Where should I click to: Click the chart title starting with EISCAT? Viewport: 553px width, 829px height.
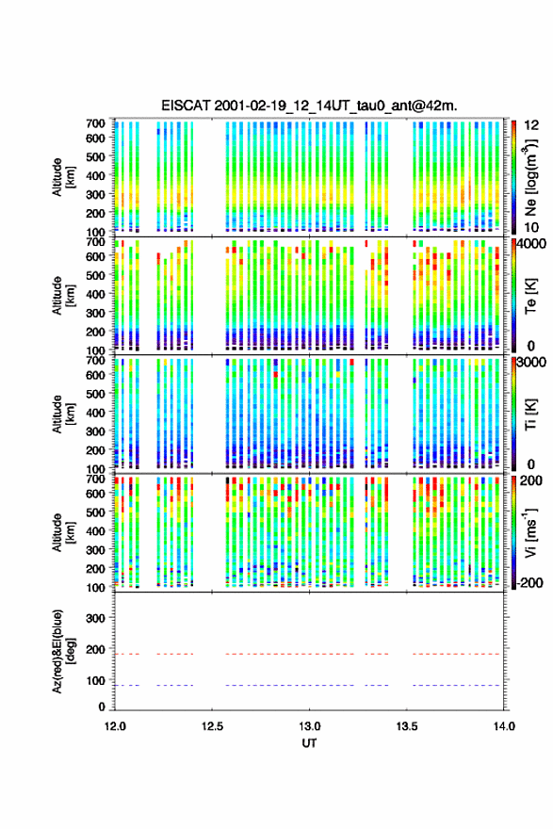309,106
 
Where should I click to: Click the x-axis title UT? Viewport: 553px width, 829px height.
309,743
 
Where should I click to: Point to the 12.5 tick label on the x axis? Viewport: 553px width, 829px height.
212,726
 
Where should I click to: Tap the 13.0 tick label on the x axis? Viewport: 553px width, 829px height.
309,726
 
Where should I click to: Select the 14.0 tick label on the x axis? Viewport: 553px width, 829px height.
504,726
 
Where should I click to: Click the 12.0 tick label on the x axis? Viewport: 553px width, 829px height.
115,726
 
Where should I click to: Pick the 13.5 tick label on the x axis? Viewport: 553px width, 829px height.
407,726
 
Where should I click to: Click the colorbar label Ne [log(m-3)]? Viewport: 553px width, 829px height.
530,176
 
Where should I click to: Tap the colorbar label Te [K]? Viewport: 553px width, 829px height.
530,297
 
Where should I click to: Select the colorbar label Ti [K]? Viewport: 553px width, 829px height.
530,414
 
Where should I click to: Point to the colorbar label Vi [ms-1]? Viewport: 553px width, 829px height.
530,532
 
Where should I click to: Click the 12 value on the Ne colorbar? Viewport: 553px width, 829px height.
531,124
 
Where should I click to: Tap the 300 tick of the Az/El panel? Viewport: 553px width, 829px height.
96,618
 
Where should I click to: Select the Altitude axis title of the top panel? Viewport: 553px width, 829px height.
63,176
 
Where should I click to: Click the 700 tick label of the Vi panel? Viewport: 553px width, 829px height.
96,479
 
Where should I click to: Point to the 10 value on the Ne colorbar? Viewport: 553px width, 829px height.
531,227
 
